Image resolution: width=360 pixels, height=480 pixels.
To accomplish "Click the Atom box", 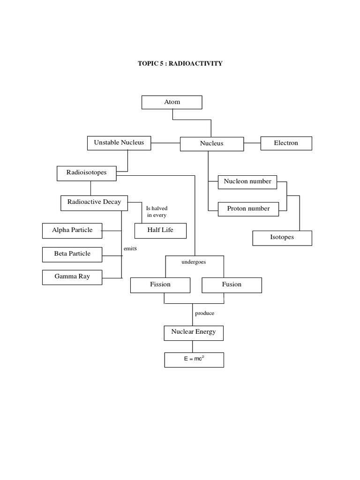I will [172, 102].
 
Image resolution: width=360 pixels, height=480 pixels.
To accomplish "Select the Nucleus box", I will [212, 144].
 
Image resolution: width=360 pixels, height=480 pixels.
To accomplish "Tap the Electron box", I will [286, 143].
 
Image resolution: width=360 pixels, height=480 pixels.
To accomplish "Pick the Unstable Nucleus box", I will [119, 143].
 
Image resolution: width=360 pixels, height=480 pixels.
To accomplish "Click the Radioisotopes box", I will [87, 173].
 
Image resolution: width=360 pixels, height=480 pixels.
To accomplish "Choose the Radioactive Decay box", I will [94, 202].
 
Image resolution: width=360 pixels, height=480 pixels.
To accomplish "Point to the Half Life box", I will [160, 231].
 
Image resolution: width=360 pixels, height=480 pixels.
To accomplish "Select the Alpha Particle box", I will [72, 231].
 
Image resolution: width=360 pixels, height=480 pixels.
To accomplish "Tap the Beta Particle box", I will [72, 254].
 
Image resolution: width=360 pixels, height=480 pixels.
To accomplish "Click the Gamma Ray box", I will [72, 277].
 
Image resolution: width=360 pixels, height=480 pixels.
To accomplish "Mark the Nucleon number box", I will [247, 182].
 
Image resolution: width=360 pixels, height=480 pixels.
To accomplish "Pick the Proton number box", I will [248, 209].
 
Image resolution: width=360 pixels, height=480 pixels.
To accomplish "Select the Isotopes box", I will [282, 238].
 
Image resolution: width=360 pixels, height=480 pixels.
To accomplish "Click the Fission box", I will [160, 285].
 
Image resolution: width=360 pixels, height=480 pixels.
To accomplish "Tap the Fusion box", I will [232, 285].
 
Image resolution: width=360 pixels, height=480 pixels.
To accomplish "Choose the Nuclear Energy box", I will [194, 332].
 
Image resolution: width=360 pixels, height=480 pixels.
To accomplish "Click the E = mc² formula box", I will [194, 360].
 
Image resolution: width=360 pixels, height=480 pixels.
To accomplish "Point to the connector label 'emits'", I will [130, 248].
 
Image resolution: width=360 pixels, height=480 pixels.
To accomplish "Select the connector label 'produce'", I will [205, 313].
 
